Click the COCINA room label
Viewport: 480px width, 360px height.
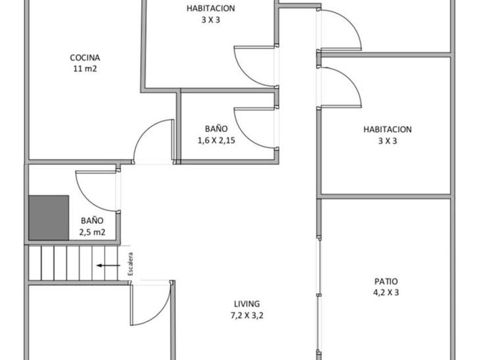[85, 58]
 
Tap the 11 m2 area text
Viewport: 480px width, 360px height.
[85, 69]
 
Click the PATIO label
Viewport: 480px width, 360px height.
[386, 281]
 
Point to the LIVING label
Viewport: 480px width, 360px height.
[247, 304]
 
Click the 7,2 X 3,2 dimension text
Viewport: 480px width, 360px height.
[247, 315]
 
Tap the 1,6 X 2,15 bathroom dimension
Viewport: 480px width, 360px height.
[217, 141]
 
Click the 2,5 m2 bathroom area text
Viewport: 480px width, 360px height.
[92, 231]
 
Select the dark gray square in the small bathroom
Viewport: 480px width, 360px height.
[49, 218]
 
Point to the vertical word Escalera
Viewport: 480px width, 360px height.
[130, 265]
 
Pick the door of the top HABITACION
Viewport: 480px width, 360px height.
[254, 65]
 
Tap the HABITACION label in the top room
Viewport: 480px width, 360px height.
[211, 8]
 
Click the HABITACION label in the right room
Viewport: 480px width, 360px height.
[387, 130]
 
